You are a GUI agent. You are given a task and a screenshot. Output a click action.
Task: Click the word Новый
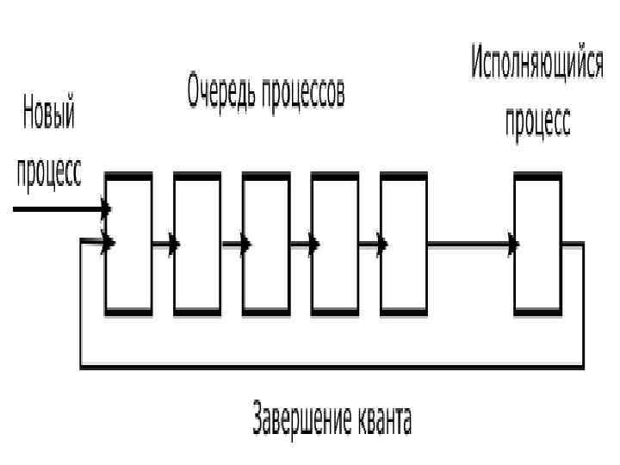[48, 115]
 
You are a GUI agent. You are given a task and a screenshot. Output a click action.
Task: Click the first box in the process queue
[128, 243]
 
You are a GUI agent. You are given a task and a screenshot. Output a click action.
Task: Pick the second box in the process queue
[197, 243]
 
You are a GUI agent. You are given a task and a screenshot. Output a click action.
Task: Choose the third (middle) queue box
[266, 243]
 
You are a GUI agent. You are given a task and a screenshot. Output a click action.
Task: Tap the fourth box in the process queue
[335, 243]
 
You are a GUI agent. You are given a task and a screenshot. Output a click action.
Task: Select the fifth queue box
[404, 243]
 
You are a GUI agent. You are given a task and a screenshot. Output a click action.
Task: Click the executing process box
[537, 243]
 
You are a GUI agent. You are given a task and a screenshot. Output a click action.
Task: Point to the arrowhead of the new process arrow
[106, 209]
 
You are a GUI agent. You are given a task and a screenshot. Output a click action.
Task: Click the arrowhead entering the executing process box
[513, 245]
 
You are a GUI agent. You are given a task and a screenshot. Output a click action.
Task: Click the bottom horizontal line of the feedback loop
[332, 368]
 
